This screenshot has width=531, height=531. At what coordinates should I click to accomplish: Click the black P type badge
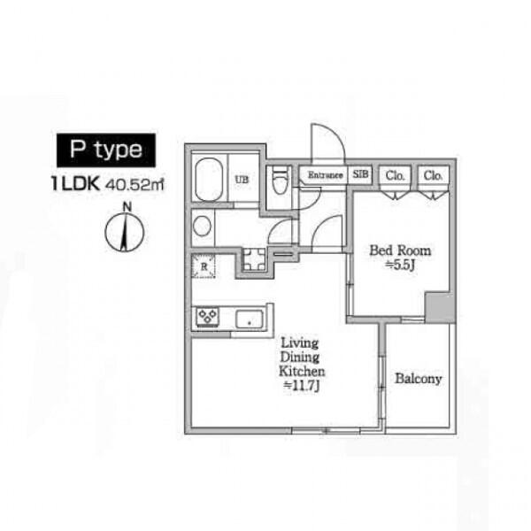(x=106, y=150)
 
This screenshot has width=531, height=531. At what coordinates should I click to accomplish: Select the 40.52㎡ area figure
(x=135, y=185)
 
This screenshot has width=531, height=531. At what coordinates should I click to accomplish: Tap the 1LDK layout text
(x=76, y=184)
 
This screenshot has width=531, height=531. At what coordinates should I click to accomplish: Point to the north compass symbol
(x=125, y=228)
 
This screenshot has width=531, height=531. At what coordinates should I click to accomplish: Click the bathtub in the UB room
(x=209, y=180)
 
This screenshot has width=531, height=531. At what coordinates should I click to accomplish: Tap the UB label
(x=242, y=180)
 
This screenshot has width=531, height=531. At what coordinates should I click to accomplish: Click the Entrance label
(x=325, y=175)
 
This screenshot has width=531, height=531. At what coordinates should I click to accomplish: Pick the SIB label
(x=360, y=174)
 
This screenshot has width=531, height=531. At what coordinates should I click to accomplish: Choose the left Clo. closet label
(x=395, y=176)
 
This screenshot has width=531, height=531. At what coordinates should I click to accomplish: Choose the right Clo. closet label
(x=433, y=176)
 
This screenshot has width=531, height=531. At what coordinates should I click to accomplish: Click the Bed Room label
(x=400, y=250)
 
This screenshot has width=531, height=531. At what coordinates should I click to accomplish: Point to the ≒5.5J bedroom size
(x=400, y=265)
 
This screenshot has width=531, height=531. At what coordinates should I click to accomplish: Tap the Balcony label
(x=419, y=379)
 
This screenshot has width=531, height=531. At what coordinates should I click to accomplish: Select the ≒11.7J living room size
(x=302, y=385)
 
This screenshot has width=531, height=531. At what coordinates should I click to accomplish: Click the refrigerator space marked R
(x=204, y=266)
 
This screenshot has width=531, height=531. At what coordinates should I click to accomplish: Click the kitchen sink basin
(x=250, y=319)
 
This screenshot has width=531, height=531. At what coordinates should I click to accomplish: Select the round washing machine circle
(x=202, y=227)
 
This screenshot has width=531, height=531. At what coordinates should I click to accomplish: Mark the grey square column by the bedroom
(x=439, y=306)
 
